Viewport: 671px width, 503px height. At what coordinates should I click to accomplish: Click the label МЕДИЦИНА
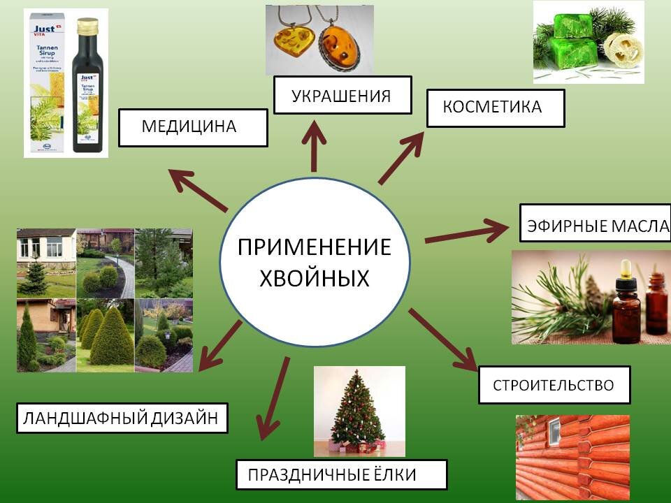(193, 127)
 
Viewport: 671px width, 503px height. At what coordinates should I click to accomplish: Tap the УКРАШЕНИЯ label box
(342, 95)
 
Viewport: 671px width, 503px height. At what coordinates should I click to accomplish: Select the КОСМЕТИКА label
(495, 108)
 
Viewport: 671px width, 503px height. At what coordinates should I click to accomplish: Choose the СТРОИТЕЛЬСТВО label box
(554, 385)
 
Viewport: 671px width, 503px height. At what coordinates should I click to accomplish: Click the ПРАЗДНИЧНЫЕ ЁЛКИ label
(341, 475)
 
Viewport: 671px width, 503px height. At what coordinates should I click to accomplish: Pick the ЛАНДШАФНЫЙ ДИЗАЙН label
(122, 418)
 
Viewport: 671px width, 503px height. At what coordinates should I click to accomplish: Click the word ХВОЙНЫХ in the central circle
(314, 279)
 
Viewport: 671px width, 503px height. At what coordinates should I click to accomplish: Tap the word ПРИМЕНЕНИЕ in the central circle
(314, 248)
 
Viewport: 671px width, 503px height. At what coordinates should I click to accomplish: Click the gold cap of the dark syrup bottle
(88, 27)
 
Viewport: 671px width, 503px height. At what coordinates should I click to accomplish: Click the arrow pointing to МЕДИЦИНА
(199, 190)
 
